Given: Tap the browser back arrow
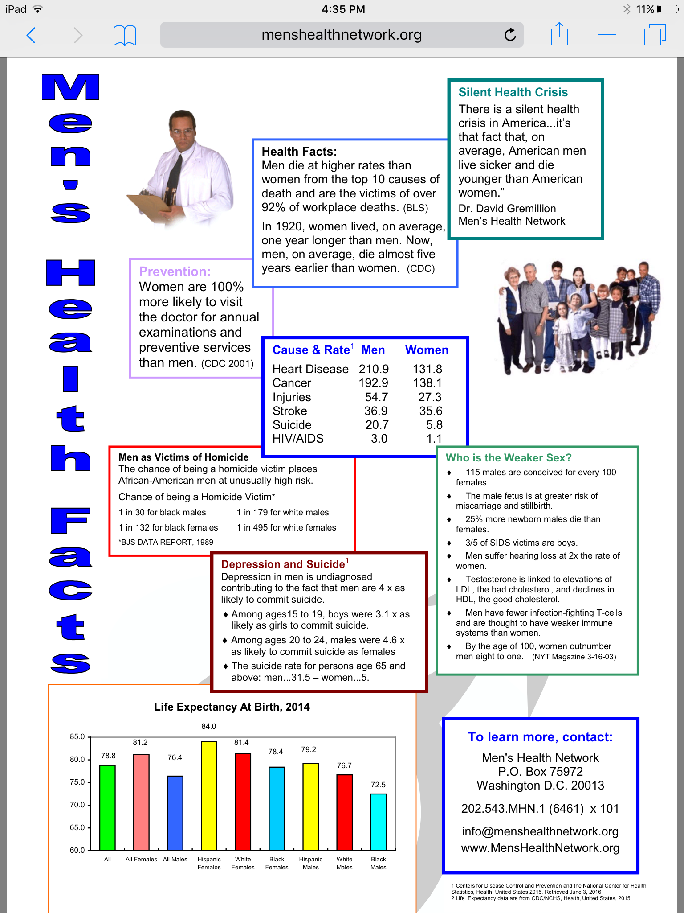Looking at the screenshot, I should [x=31, y=35].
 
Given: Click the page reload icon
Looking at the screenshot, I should [x=510, y=35].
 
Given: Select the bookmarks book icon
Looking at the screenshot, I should [x=125, y=35].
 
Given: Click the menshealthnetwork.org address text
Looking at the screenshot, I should [x=342, y=35].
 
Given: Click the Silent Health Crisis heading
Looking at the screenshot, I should [x=513, y=92].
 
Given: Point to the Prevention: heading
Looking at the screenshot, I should [x=175, y=271].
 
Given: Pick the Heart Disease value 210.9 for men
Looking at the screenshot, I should [x=374, y=369].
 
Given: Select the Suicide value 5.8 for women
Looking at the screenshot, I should [x=434, y=425].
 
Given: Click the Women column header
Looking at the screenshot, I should [x=427, y=350].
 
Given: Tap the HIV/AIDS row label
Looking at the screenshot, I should [x=298, y=439].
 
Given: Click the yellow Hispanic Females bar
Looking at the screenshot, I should [x=209, y=796].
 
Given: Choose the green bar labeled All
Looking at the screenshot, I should [x=107, y=807].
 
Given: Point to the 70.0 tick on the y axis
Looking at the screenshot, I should [x=77, y=805].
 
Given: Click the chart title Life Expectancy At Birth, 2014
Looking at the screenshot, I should [x=232, y=707].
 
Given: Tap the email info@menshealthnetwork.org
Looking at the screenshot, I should [x=540, y=831].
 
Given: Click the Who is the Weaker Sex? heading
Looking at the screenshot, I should [x=509, y=458].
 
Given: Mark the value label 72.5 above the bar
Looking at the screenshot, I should [x=378, y=785].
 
